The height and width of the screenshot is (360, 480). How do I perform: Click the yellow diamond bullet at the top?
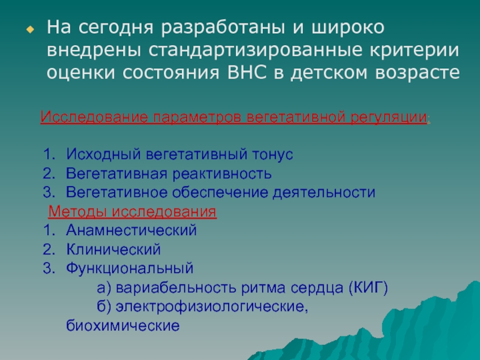(31, 29)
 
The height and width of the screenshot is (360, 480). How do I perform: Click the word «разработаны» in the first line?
(223, 28)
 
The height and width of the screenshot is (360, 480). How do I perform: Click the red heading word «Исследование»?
(94, 117)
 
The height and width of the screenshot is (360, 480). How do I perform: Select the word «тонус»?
(272, 155)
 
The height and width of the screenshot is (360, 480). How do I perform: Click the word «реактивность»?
(222, 174)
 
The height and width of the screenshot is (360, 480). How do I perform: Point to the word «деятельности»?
(324, 193)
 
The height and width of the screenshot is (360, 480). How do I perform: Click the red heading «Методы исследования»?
(133, 212)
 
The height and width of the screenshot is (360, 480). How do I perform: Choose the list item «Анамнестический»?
(131, 230)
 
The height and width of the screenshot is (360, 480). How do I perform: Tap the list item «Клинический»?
(113, 250)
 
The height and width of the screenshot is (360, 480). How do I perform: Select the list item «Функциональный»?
(130, 268)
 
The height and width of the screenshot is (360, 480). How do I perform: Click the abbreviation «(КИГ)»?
(368, 288)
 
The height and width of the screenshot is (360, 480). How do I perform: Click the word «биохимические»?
(123, 325)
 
